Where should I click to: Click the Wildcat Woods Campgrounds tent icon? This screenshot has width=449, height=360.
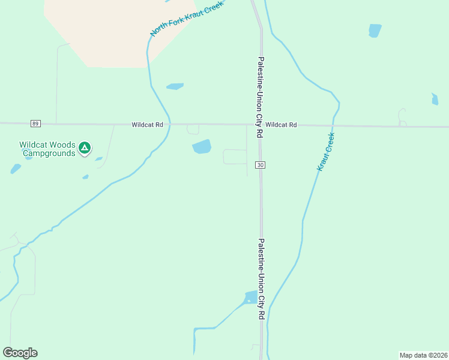85,146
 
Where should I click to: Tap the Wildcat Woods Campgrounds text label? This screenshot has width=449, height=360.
47,149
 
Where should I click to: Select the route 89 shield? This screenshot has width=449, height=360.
36,124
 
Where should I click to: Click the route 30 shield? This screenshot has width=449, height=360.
260,164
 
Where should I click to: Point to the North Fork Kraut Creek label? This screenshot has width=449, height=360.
187,19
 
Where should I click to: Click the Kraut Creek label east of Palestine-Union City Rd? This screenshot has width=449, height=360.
325,152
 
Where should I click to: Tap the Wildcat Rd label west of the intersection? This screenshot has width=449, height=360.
148,125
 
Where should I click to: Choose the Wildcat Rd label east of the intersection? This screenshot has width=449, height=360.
281,125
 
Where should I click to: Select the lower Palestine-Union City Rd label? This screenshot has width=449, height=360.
261,278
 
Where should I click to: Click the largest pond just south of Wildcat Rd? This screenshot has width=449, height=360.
202,146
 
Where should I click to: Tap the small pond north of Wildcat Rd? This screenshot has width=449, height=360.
175,86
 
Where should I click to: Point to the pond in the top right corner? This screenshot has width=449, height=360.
375,31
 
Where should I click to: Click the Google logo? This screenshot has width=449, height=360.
20,353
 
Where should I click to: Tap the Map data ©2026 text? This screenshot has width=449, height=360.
423,355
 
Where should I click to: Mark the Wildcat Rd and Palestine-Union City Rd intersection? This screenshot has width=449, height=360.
260,125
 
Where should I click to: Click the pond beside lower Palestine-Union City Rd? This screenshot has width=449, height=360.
250,297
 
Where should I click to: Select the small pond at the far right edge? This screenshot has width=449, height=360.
435,99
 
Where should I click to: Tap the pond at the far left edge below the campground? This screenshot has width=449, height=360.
16,169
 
